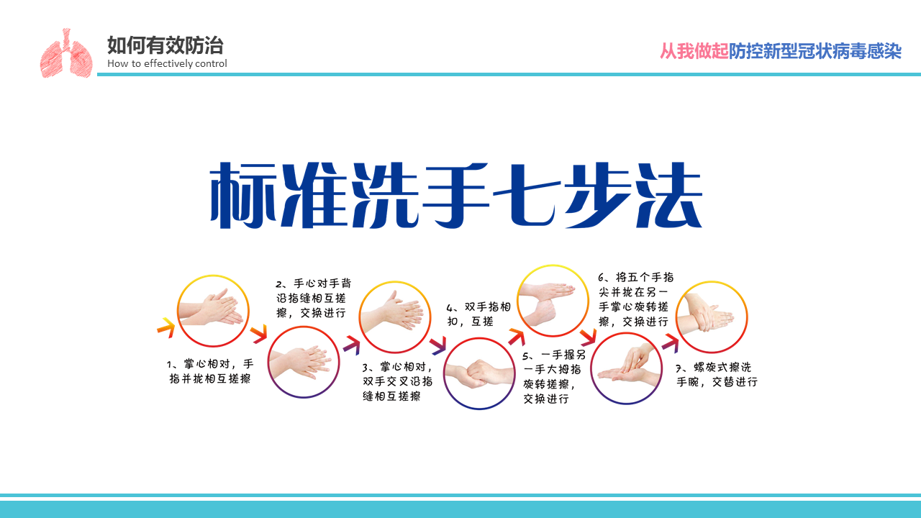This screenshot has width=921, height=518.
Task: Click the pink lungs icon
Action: (x=65, y=53)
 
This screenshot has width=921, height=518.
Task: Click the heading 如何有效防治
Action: (x=165, y=45)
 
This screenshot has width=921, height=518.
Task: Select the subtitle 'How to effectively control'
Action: (x=167, y=64)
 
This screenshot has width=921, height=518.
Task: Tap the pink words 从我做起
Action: (x=694, y=51)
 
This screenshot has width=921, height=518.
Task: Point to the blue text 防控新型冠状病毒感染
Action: (x=815, y=51)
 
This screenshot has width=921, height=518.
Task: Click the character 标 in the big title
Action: (x=243, y=195)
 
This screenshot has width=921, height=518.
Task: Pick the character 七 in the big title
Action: (x=527, y=195)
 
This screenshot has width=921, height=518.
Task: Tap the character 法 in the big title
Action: (x=668, y=195)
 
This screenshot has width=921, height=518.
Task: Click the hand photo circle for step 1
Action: (x=213, y=310)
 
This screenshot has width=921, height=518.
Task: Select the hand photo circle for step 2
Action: (x=304, y=362)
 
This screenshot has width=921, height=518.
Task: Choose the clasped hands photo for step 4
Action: (x=479, y=373)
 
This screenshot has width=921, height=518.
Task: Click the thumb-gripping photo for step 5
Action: (x=553, y=301)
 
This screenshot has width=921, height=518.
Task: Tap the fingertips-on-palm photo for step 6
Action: (x=626, y=368)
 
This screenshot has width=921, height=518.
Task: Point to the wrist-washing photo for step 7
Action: (x=712, y=317)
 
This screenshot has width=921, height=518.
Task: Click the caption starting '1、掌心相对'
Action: (x=210, y=371)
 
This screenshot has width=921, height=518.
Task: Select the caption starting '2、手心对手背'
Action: (x=313, y=298)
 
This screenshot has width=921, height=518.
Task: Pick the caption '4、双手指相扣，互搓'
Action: (x=478, y=314)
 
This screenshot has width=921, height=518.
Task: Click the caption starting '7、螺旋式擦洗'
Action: (x=717, y=375)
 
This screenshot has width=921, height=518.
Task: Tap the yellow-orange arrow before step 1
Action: (x=166, y=327)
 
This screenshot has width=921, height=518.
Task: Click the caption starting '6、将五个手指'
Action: (x=635, y=299)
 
